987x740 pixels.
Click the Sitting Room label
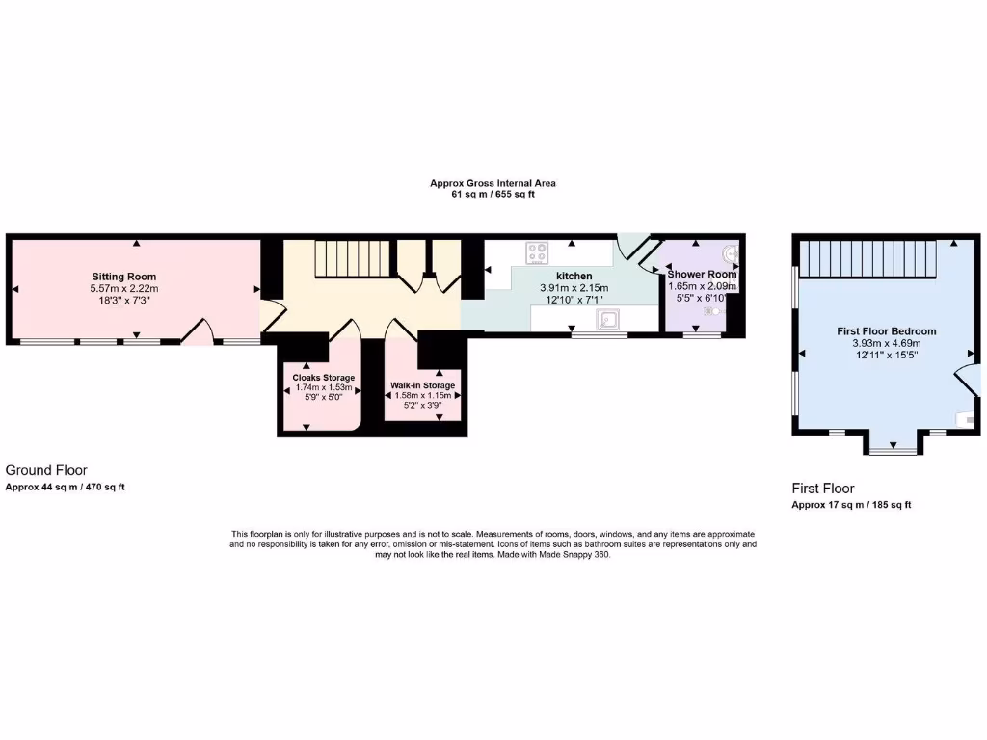123,277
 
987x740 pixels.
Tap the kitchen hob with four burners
537,253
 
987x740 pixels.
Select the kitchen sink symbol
608,319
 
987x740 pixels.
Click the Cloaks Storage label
324,377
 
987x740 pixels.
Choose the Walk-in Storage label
422,385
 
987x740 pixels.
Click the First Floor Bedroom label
886,331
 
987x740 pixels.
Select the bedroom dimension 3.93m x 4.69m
886,343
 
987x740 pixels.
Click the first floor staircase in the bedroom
869,258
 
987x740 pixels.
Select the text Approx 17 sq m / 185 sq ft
851,505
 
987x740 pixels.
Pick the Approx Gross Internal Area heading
493,183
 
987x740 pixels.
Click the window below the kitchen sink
599,335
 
